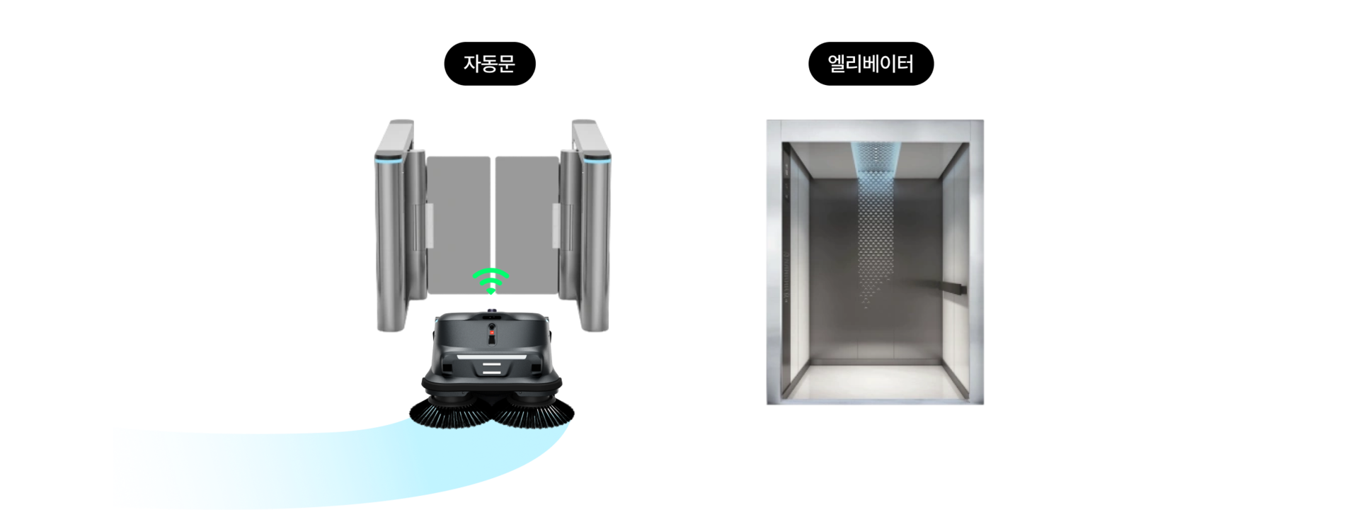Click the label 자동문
pyautogui.click(x=488, y=64)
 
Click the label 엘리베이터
pyautogui.click(x=870, y=64)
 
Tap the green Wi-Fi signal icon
pyautogui.click(x=491, y=280)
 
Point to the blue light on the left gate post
pyautogui.click(x=388, y=161)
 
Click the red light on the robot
pyautogui.click(x=492, y=332)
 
